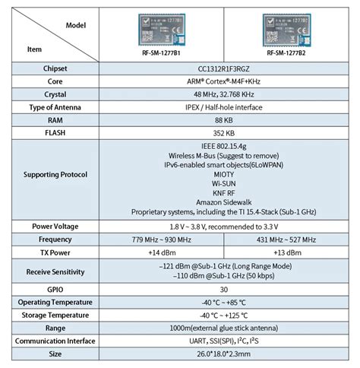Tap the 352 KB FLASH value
click(224, 132)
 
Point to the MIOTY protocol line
click(224, 173)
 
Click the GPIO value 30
click(224, 290)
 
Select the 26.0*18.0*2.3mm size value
click(224, 354)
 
